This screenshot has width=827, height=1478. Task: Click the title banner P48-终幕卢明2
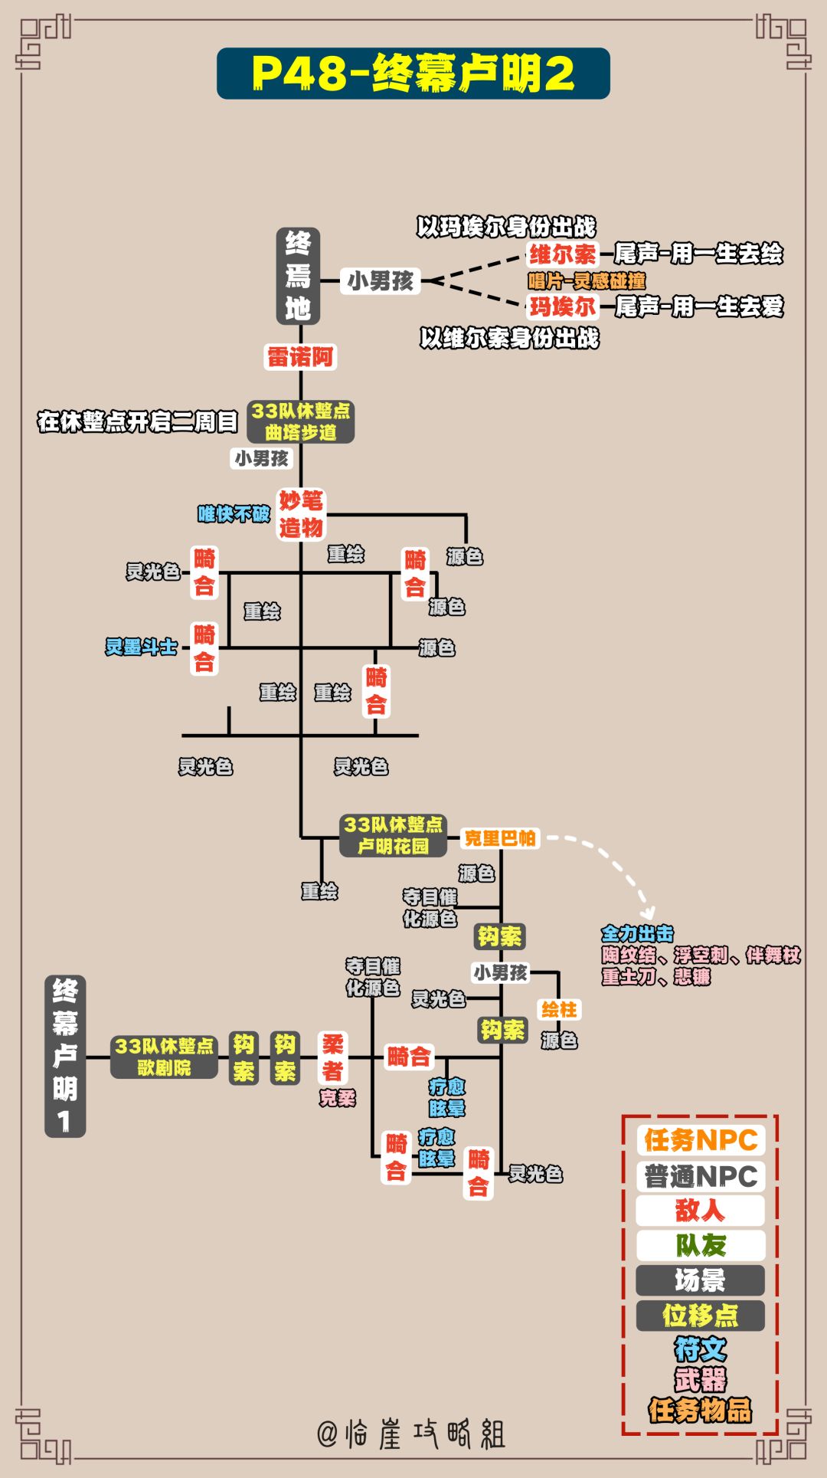[413, 74]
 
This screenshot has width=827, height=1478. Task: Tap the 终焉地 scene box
[298, 277]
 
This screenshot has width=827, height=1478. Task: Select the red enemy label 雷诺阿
[300, 356]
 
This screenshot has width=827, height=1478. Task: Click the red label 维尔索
[562, 254]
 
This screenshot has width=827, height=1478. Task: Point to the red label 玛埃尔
[562, 306]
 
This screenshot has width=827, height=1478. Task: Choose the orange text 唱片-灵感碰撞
[587, 280]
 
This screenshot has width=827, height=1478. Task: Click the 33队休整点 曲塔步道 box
[300, 421]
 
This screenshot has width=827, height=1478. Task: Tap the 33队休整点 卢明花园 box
[393, 835]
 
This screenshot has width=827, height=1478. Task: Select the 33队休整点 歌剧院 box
[164, 1057]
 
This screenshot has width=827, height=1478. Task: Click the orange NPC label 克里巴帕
[500, 838]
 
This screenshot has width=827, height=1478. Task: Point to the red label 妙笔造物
[301, 514]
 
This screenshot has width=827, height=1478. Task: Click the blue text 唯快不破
[234, 514]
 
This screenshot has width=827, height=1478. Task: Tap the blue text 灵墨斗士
[142, 647]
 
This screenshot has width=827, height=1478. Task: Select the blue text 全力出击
[637, 933]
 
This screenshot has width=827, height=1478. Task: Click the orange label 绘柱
[559, 1009]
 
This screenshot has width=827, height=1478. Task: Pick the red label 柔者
[332, 1057]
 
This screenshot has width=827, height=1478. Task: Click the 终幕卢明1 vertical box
[65, 1057]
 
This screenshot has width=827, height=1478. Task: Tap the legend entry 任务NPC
[700, 1140]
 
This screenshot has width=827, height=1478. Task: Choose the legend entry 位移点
[700, 1316]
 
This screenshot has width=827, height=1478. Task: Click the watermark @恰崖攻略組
[411, 1434]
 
